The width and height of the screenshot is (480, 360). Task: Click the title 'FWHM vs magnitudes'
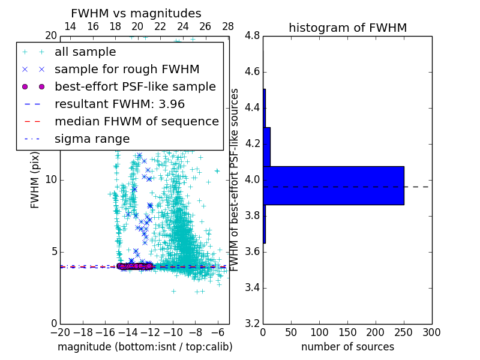(x=136, y=14)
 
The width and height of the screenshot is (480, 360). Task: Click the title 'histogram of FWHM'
(x=347, y=28)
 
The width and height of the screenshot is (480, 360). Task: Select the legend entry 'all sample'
(x=85, y=52)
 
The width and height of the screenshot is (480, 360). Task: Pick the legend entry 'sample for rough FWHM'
(x=127, y=70)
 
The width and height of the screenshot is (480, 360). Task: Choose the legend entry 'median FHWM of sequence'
(x=136, y=121)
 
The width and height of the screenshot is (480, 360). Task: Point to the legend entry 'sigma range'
(x=92, y=139)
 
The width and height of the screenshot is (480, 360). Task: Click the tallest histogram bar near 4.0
(x=334, y=185)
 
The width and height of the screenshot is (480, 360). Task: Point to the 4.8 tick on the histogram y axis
(x=253, y=36)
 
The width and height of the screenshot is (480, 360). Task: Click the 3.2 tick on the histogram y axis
(x=253, y=323)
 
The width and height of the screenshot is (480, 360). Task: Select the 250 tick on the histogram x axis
(x=404, y=332)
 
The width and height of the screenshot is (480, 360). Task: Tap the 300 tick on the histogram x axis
(x=432, y=332)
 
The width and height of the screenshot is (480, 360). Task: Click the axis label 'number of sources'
(x=347, y=347)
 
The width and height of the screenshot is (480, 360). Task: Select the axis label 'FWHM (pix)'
(x=35, y=179)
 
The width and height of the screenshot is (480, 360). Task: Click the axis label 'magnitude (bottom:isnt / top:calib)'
(x=145, y=347)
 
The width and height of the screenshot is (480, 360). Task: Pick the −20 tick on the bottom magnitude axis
(x=60, y=332)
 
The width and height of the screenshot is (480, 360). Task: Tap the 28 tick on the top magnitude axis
(x=228, y=27)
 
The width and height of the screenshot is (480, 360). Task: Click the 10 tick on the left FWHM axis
(x=51, y=180)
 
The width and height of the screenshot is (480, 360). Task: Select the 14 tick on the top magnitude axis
(x=70, y=27)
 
